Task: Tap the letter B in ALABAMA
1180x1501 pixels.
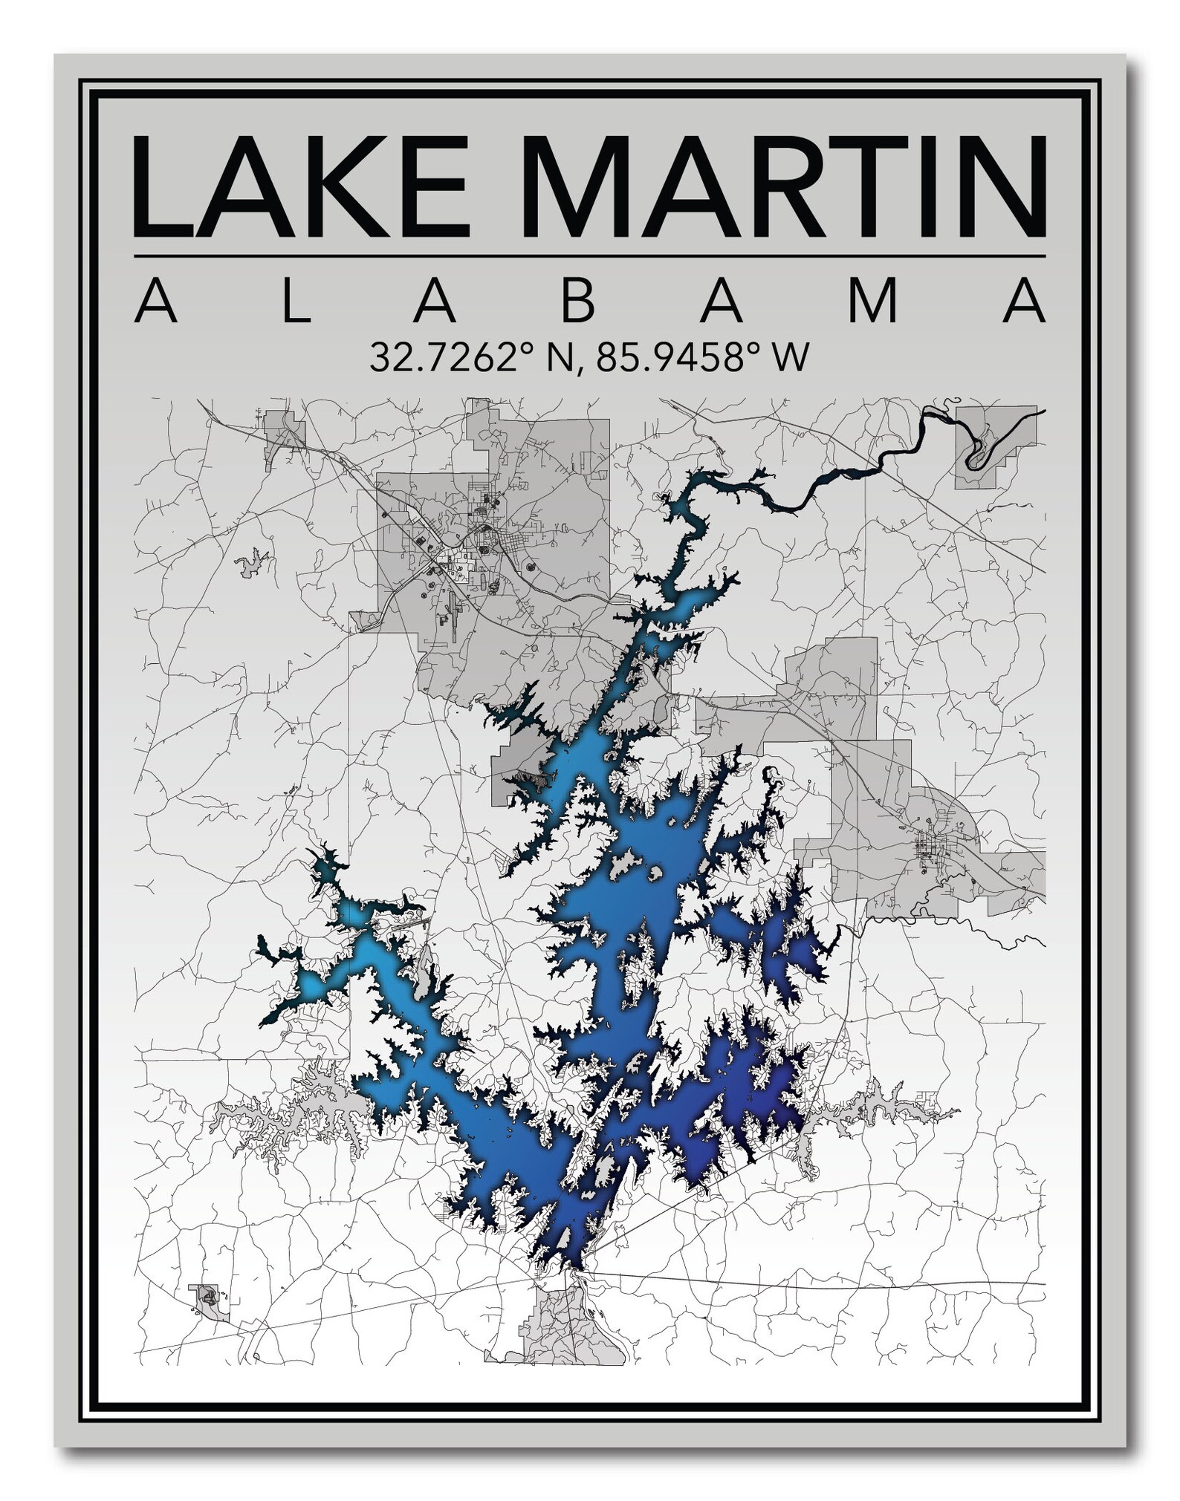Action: coord(578,300)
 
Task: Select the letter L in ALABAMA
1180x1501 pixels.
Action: coord(296,300)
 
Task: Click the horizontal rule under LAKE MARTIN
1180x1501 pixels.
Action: coord(590,256)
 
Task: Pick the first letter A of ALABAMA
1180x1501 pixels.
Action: coord(156,300)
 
